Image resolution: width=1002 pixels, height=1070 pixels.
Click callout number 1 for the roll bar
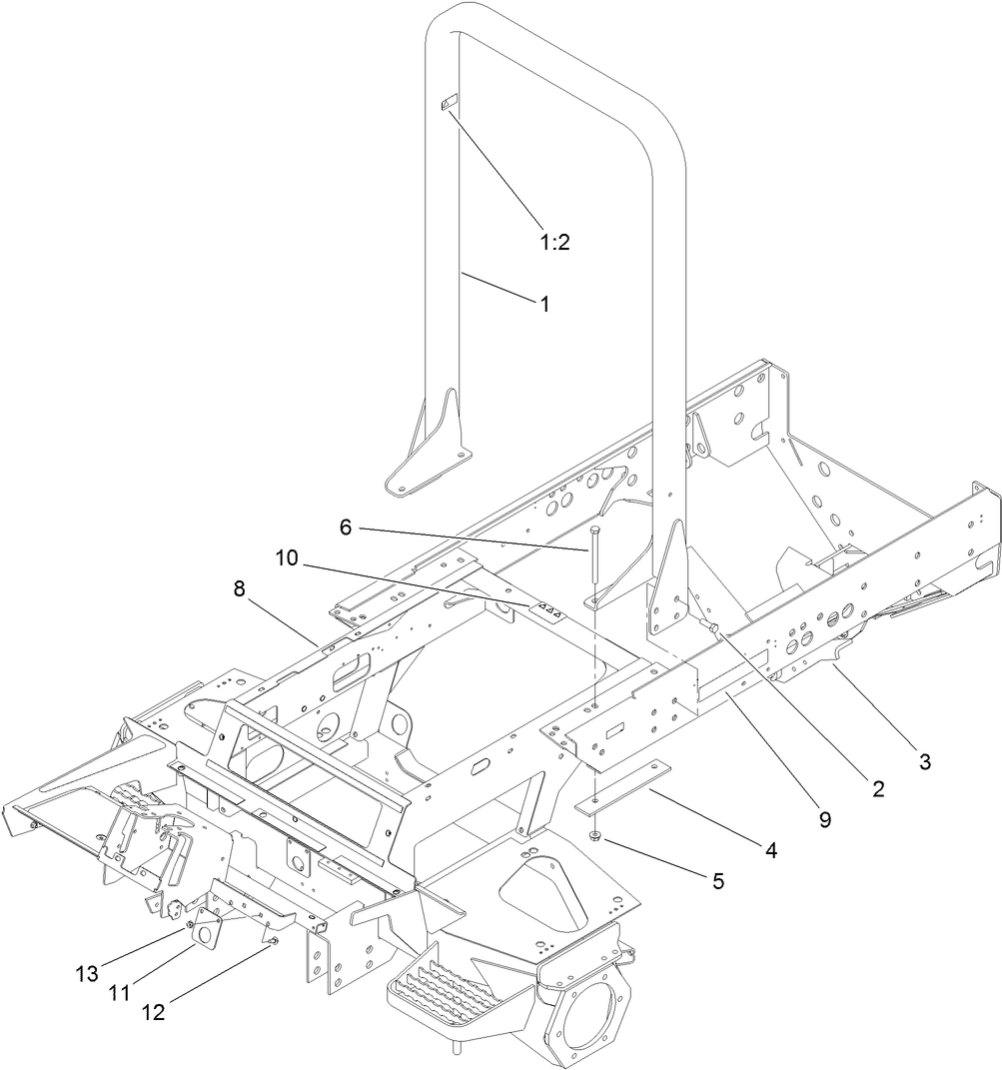(x=544, y=305)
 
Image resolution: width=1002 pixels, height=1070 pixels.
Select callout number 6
(x=345, y=528)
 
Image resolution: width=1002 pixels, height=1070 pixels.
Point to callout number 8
(x=239, y=589)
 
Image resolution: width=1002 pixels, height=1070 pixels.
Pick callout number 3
(x=924, y=761)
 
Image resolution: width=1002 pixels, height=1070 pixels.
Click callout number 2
(x=878, y=789)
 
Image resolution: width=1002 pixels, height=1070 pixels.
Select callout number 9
(x=824, y=819)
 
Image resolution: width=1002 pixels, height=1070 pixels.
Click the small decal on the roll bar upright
(x=448, y=103)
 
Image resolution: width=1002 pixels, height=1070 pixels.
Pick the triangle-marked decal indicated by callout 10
(x=545, y=608)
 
